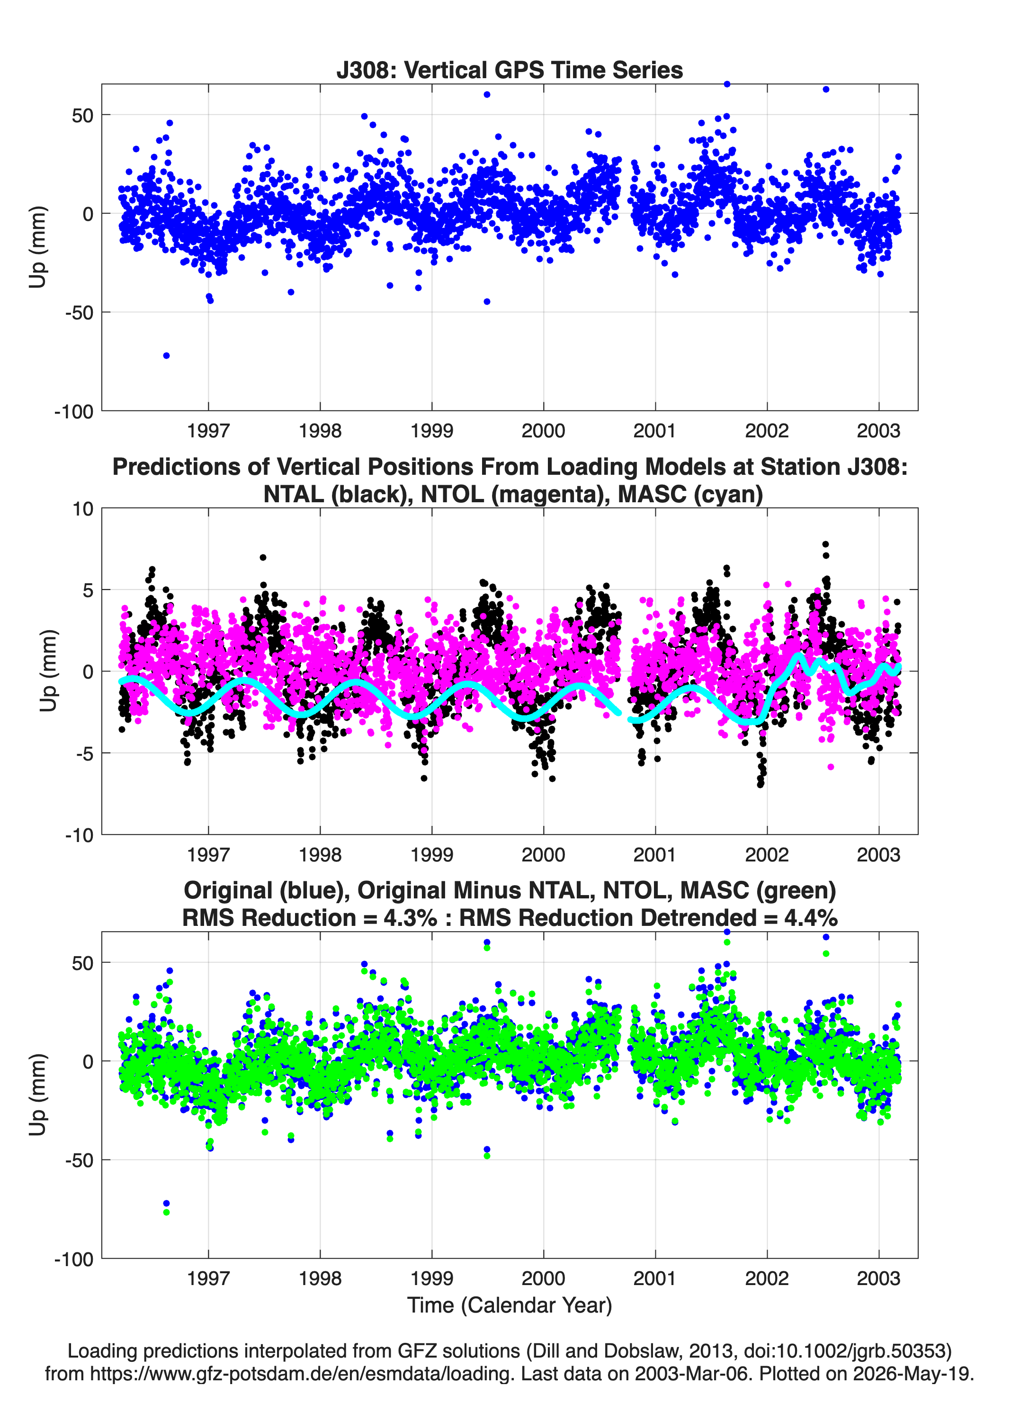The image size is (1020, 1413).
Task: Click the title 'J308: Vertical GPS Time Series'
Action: tap(510, 70)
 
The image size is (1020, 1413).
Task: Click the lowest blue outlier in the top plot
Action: tap(166, 356)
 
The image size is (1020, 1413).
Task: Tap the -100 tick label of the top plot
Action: tap(74, 412)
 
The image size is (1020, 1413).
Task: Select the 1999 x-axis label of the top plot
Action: tap(431, 431)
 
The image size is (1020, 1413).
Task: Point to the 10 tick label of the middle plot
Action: tap(83, 509)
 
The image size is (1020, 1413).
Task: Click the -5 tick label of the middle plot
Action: tap(80, 754)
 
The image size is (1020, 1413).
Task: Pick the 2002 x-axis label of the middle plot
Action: tap(767, 854)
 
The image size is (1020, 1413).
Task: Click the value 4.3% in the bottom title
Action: tap(411, 918)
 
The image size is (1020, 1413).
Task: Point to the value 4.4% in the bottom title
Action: tap(811, 918)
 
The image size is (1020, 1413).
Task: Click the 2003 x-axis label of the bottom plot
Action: tap(878, 1278)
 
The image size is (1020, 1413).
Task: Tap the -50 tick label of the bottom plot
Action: tap(80, 1160)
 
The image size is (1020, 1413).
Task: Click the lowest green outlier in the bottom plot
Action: tap(166, 1212)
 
